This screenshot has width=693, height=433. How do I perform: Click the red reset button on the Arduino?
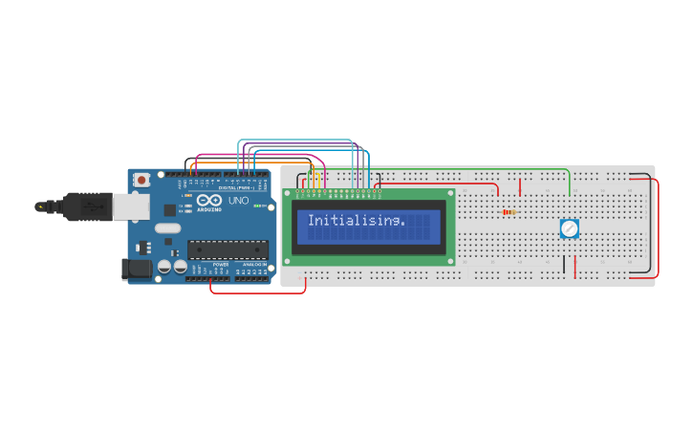tap(141, 179)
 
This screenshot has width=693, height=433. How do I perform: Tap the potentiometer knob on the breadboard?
tap(569, 228)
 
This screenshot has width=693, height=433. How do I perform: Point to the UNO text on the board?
tap(238, 201)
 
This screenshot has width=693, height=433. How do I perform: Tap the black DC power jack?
tap(136, 270)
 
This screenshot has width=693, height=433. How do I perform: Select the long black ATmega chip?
tap(227, 250)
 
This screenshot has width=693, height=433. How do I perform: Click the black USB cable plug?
tap(86, 205)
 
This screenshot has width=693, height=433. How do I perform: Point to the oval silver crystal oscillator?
tap(166, 228)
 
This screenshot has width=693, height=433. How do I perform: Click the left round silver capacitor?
tap(164, 267)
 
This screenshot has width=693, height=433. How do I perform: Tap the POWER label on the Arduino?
tap(221, 264)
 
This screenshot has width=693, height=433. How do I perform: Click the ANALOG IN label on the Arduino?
tap(252, 264)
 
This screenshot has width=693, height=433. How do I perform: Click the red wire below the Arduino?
tap(258, 292)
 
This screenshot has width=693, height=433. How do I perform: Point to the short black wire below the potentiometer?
tap(575, 264)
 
